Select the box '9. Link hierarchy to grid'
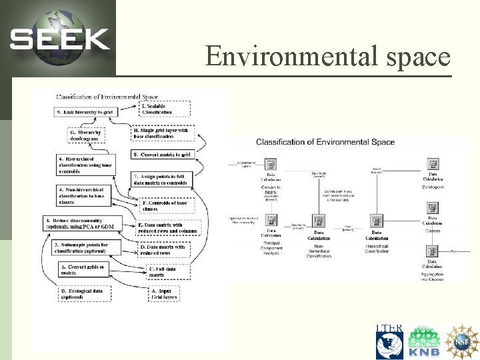(x=86, y=113)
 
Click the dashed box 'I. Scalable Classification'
(x=165, y=109)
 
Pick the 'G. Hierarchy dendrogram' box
(x=86, y=135)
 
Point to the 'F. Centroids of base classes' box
(x=167, y=205)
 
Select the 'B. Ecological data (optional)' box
(x=85, y=294)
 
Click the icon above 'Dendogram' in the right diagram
(x=432, y=164)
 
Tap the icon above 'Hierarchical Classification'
(x=376, y=221)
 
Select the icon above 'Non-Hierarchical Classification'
(x=319, y=221)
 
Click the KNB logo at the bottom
(x=425, y=341)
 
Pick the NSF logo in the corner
(x=462, y=341)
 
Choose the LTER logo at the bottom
(x=389, y=341)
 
